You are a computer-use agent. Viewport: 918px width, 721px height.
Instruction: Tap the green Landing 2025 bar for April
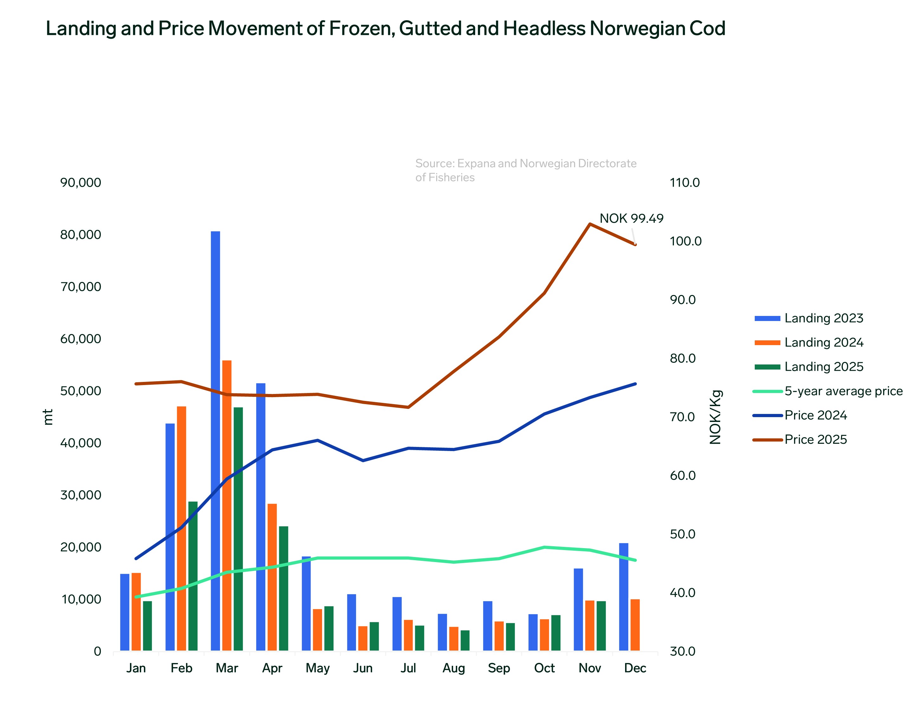(x=283, y=588)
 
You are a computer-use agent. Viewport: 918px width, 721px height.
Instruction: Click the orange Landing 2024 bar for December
(x=635, y=625)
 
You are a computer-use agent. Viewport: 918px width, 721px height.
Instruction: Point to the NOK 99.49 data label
(x=631, y=219)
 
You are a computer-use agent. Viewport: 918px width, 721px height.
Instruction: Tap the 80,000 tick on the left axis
(x=81, y=235)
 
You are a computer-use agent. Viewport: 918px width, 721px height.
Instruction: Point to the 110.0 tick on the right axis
(x=684, y=183)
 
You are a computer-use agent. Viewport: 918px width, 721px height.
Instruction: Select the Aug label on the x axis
(x=454, y=668)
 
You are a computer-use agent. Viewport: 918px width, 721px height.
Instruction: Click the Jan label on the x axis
(x=136, y=668)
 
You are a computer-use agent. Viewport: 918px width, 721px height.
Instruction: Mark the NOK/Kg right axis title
(x=715, y=417)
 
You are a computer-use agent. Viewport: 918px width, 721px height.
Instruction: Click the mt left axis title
(x=48, y=417)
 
